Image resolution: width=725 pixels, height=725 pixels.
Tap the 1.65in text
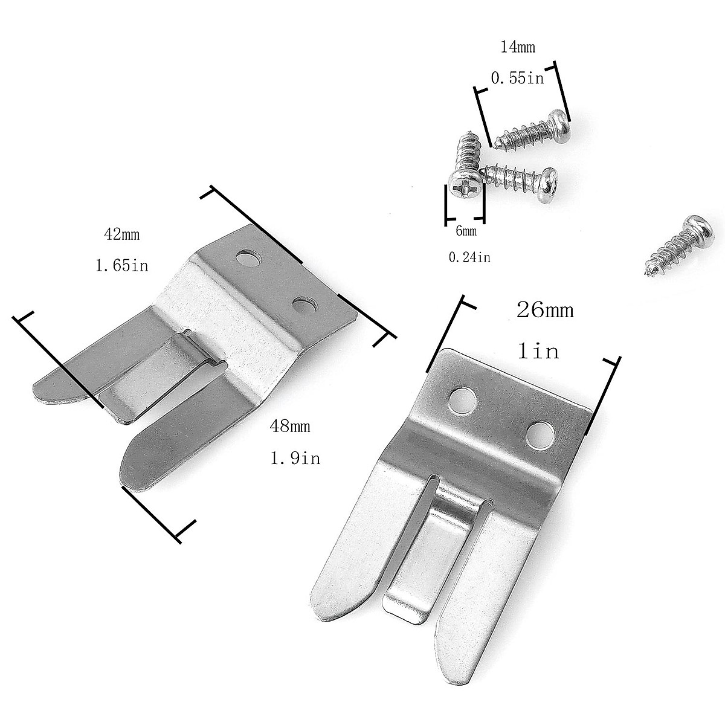coord(121,265)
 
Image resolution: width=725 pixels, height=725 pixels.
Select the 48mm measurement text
coord(291,427)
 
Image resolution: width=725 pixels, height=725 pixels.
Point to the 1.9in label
coord(295,458)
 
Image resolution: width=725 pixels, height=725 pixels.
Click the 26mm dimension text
coord(545,311)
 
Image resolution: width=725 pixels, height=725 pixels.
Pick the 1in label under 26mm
coord(538,351)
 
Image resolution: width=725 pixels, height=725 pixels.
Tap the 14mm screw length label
coord(518,47)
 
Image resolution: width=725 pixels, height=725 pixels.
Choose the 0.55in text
coord(517,78)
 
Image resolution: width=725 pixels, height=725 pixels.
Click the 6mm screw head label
coord(466,231)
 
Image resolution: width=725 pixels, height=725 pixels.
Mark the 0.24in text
coord(469,258)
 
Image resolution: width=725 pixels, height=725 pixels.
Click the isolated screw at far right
coord(677,245)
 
